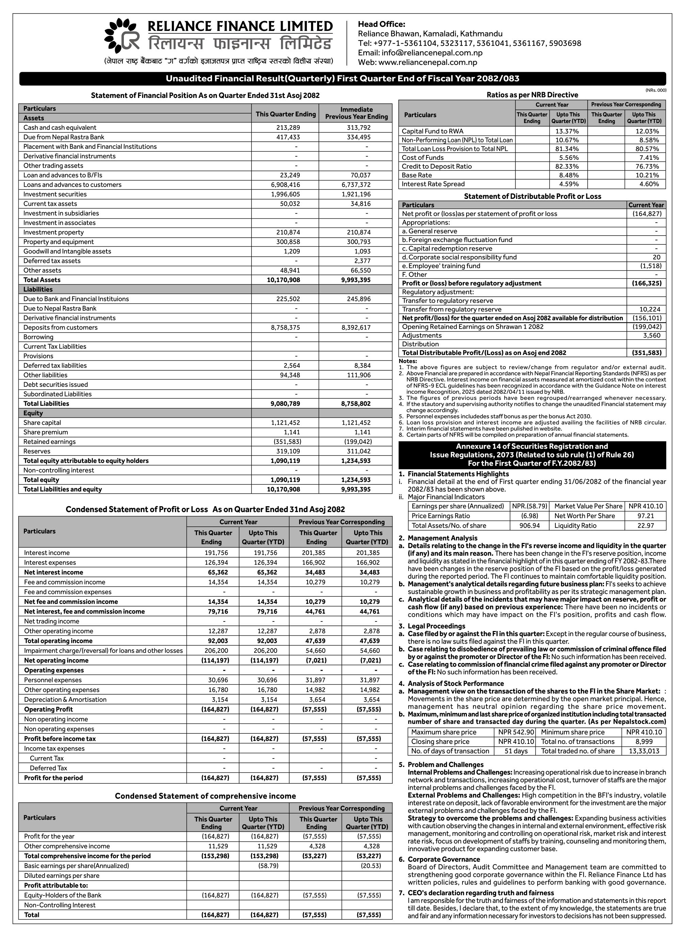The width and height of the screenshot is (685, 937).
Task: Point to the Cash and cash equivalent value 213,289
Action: point(288,127)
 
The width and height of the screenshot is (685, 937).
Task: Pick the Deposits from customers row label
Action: point(61,328)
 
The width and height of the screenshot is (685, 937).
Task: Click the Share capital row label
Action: point(42,423)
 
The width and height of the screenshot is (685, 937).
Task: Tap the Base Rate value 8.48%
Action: point(569,175)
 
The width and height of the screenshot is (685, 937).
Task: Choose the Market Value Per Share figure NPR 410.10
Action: point(646,506)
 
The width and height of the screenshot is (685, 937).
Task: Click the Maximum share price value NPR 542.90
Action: point(516,732)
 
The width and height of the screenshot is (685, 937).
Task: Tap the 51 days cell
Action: point(516,751)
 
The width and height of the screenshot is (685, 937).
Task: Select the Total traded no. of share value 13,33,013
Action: point(644,751)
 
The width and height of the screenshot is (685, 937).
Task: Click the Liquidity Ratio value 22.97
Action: point(646,526)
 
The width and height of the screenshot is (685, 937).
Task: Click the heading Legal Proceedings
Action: point(436,626)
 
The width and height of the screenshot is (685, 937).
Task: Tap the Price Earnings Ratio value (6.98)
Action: point(529,516)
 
